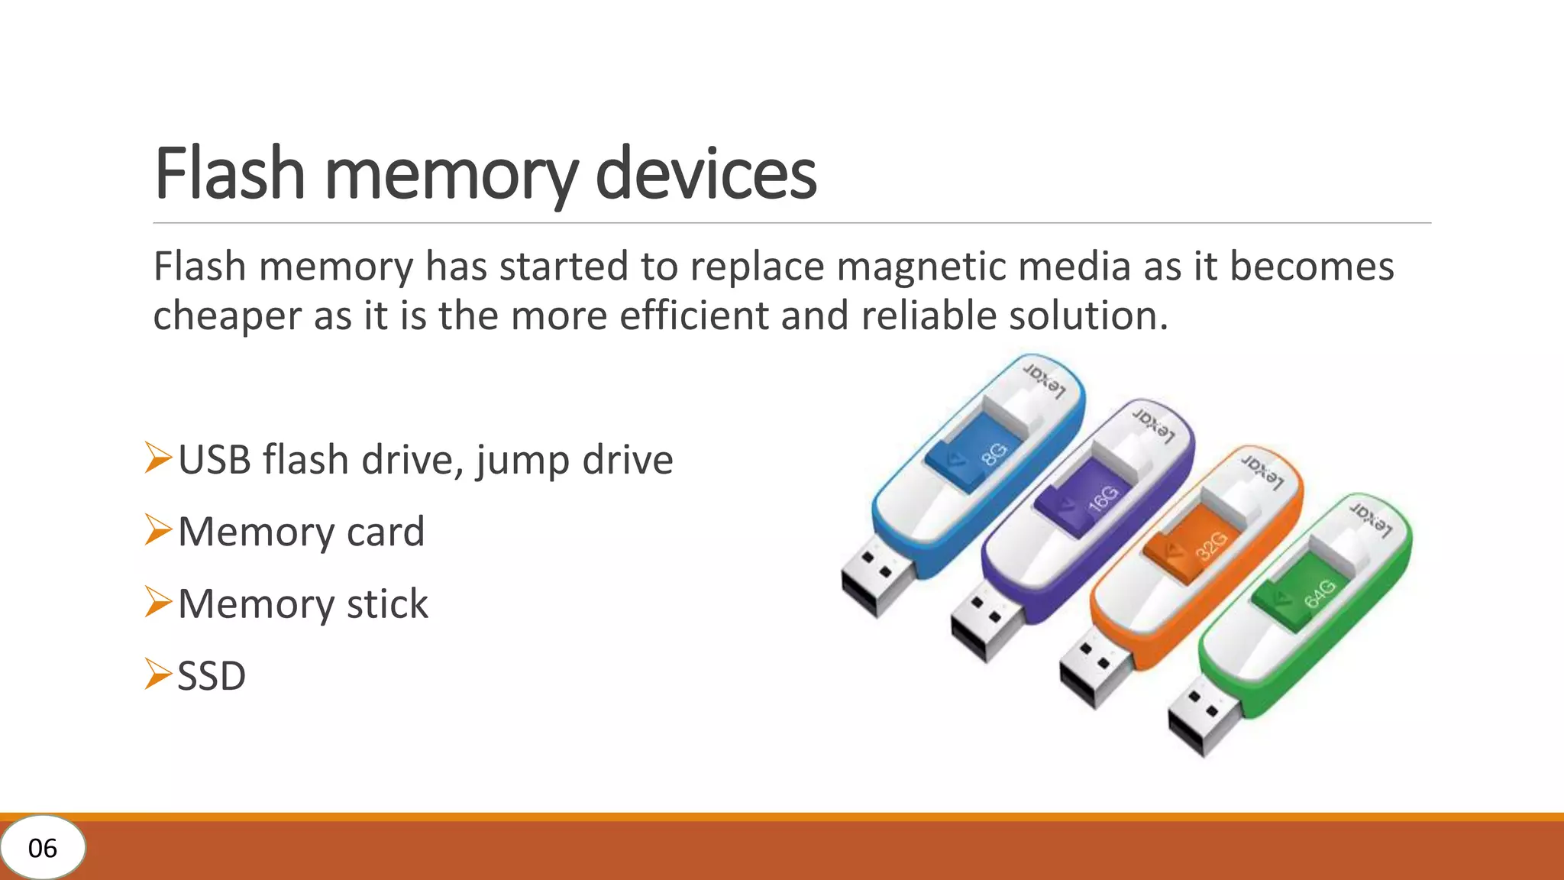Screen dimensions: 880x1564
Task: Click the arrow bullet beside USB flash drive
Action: [158, 458]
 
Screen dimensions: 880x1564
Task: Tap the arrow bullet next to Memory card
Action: [158, 530]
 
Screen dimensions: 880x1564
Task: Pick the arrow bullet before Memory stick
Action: [158, 602]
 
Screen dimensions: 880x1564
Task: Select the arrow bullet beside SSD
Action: [158, 674]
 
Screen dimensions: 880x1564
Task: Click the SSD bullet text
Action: [212, 675]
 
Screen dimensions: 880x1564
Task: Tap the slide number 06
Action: [43, 848]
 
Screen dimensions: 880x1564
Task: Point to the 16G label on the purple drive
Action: [1104, 500]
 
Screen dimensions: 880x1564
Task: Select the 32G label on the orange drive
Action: [1212, 545]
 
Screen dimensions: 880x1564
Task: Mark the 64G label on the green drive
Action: [1320, 594]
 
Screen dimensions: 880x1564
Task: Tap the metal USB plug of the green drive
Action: [1203, 717]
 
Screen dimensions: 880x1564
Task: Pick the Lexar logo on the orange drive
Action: [1262, 472]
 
